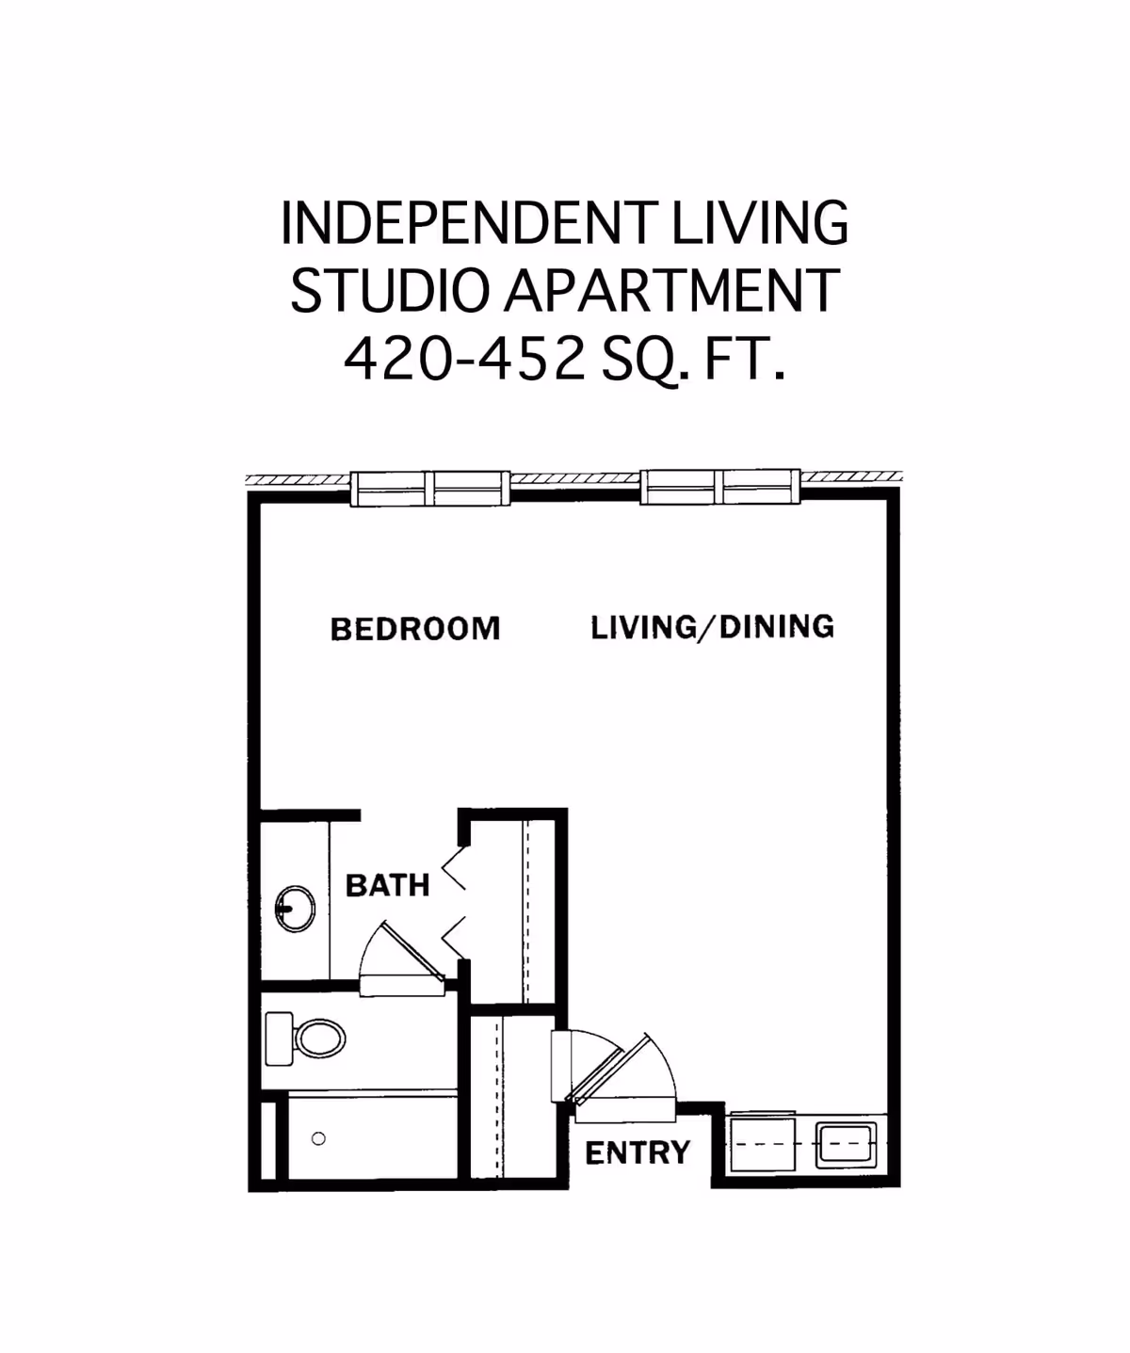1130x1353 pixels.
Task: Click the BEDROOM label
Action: pos(415,629)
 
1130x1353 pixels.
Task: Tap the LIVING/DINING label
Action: pos(712,627)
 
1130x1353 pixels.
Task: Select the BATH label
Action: pos(387,885)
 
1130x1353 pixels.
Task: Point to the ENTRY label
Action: pos(638,1152)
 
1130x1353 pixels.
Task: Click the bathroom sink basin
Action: pos(296,909)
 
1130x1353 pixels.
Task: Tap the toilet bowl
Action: pos(320,1039)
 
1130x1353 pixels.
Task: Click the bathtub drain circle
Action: pos(318,1138)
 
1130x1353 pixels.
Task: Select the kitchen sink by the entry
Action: pos(845,1143)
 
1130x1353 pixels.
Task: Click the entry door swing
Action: pos(621,1069)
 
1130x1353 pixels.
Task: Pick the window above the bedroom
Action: pos(429,488)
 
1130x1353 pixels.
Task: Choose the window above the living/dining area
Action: pos(720,488)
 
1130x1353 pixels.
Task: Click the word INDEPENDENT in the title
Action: pos(465,223)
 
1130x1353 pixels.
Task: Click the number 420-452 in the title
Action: pos(464,359)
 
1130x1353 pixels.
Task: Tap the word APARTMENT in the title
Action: pos(671,291)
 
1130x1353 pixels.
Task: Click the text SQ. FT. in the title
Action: pos(692,359)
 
